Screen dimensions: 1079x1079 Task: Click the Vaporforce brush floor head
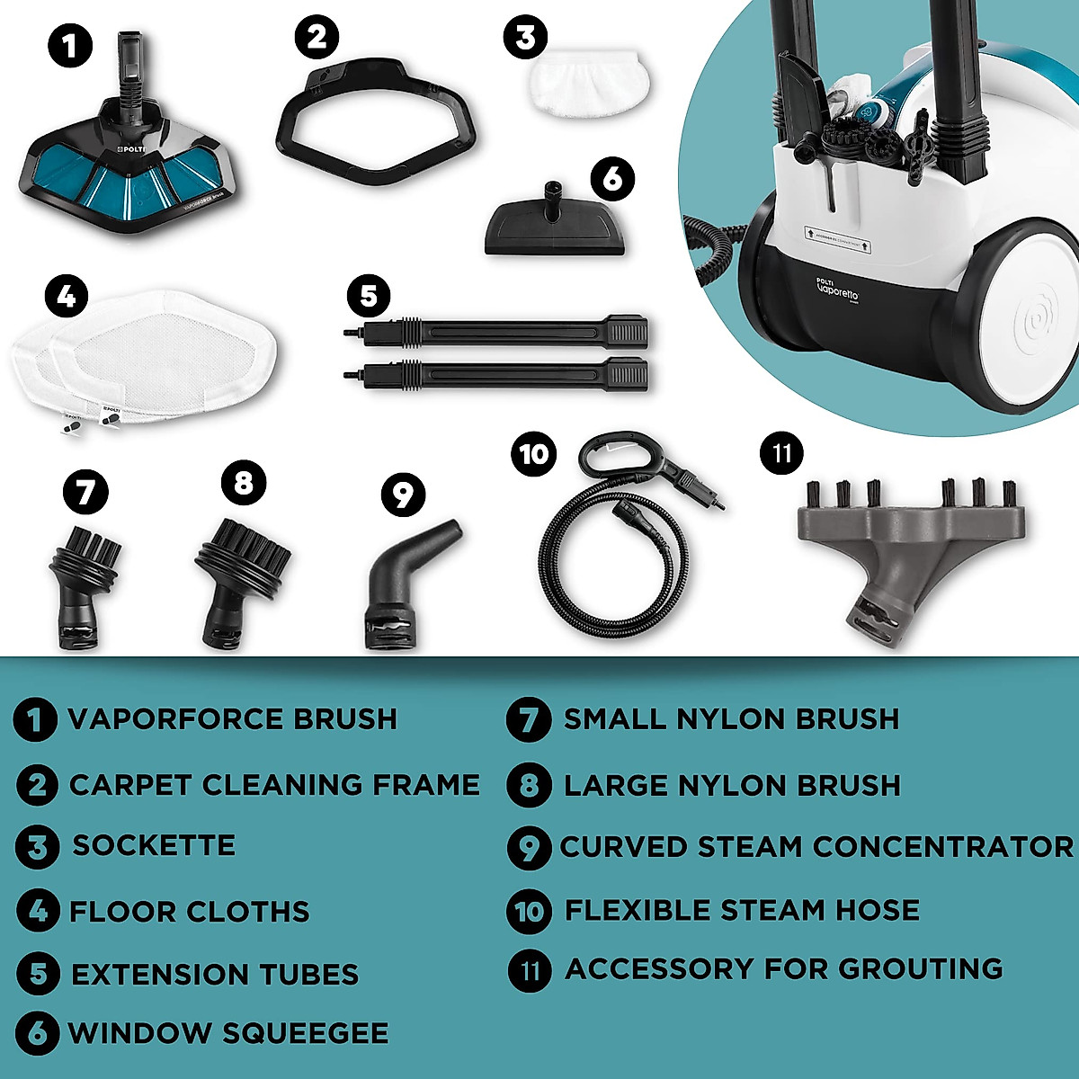126,171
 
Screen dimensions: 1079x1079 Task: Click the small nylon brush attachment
83,584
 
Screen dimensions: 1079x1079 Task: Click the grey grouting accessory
908,539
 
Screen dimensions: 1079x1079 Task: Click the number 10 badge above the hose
533,454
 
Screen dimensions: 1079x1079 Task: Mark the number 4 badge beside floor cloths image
67,296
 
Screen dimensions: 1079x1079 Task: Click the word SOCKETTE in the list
154,845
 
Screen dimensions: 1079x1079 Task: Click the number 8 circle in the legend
529,785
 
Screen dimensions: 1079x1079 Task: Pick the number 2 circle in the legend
38,785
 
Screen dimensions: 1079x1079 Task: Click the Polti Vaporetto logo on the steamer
836,290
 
